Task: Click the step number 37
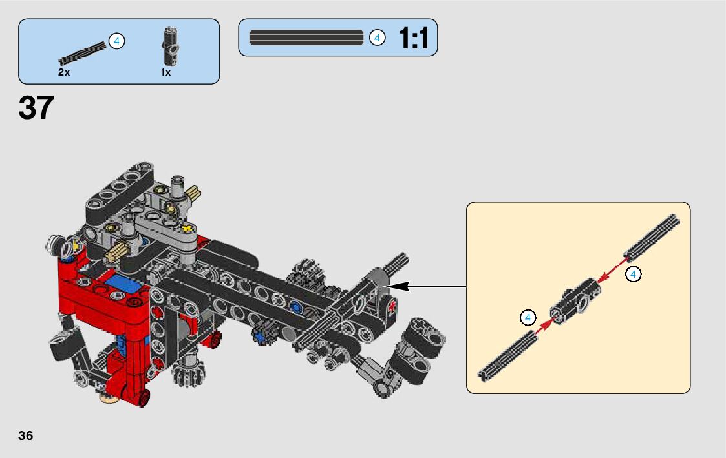coord(36,108)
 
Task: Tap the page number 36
coord(25,435)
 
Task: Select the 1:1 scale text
coord(414,38)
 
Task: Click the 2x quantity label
coord(64,72)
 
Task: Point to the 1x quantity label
coord(165,72)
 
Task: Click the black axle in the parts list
coord(82,53)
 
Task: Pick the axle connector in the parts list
coord(171,47)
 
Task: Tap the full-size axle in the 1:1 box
coord(306,37)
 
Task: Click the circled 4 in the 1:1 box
coord(378,38)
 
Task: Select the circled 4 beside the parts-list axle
coord(116,41)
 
